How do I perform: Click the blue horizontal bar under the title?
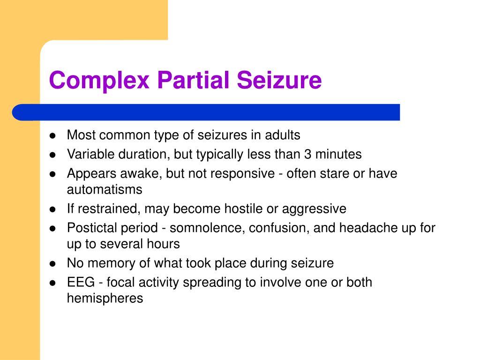point(206,112)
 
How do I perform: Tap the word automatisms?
point(104,189)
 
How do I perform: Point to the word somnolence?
point(207,228)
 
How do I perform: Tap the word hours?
point(164,244)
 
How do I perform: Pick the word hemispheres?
point(105,298)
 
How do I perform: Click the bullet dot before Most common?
point(53,136)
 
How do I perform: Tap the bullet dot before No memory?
point(53,263)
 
